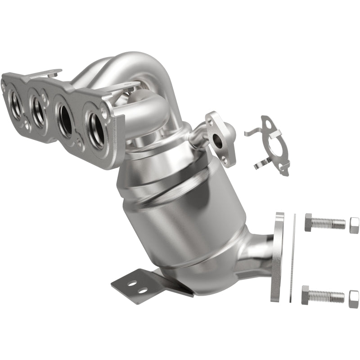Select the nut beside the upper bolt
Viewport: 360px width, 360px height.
click(354, 224)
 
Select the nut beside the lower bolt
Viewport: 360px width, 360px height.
click(354, 298)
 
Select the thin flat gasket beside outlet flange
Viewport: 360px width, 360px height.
click(292, 259)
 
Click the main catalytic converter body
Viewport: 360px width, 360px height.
click(180, 207)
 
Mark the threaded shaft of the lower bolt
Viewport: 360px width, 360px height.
click(328, 296)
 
